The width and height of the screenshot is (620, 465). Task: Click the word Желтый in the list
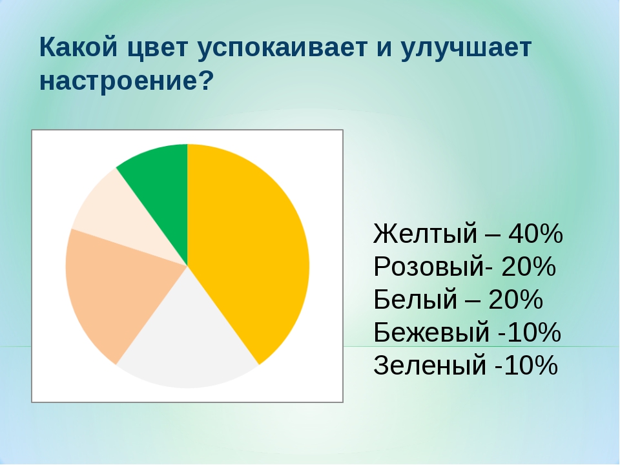(426, 233)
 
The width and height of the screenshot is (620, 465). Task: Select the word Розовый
(429, 267)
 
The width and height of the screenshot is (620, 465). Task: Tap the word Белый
(415, 299)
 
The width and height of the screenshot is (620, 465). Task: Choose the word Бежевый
(431, 332)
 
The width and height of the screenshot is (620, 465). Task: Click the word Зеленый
(430, 365)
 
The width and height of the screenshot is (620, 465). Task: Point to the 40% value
(536, 233)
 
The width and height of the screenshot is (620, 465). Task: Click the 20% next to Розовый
(529, 267)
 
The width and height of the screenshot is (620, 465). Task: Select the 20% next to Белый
(516, 299)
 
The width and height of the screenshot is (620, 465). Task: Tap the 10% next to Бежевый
(534, 332)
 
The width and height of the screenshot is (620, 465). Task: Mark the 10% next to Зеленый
(531, 365)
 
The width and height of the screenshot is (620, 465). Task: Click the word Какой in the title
(79, 47)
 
